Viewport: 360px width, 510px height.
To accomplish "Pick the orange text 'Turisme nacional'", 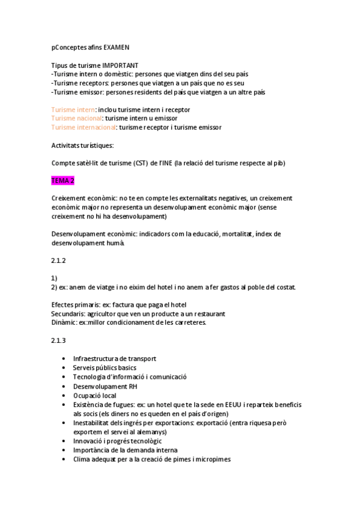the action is [x=76, y=118].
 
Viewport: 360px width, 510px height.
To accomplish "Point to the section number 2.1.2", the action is [x=58, y=260].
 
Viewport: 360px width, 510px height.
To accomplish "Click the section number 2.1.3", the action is [x=58, y=340].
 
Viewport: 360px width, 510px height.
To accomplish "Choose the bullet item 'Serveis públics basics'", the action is [x=105, y=367].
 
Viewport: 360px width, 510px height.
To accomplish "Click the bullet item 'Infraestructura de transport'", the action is [x=115, y=358].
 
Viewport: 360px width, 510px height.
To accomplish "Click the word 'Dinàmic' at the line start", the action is [x=64, y=322].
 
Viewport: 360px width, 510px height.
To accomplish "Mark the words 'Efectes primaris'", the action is [x=75, y=304].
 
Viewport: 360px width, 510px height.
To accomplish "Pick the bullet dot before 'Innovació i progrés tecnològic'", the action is [x=64, y=441].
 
